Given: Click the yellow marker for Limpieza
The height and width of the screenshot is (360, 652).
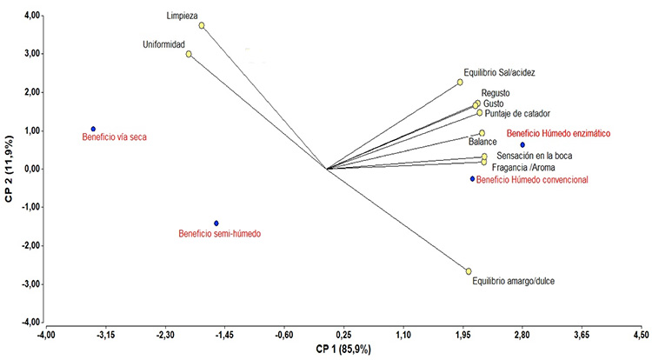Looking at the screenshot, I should tap(202, 25).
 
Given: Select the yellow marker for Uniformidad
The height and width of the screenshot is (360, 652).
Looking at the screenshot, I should tap(189, 54).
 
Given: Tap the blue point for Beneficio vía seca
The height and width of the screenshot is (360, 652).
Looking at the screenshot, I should tap(93, 129).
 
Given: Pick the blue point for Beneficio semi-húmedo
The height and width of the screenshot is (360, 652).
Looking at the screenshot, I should tap(216, 223).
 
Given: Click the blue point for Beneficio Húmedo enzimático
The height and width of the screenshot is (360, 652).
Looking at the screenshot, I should tap(522, 144).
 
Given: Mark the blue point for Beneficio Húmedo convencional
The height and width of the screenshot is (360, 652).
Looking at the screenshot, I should tap(473, 179).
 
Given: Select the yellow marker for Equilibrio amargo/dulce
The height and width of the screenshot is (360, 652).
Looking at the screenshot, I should tap(469, 271).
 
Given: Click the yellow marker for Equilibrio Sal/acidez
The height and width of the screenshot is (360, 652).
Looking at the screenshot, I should tap(460, 83).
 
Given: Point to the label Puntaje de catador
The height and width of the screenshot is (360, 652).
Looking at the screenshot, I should tap(517, 114).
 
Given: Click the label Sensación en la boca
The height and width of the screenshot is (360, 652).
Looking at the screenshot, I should tap(534, 156).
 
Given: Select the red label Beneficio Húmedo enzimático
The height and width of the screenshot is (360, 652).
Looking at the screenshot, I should tap(559, 134).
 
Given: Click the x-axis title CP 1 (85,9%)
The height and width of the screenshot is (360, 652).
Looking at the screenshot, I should tap(343, 350).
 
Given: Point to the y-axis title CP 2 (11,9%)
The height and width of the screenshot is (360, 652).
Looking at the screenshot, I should tap(9, 169).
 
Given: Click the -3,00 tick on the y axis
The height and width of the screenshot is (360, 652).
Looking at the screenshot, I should tap(28, 283).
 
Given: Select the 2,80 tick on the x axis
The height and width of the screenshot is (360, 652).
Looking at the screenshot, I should tap(522, 334).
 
